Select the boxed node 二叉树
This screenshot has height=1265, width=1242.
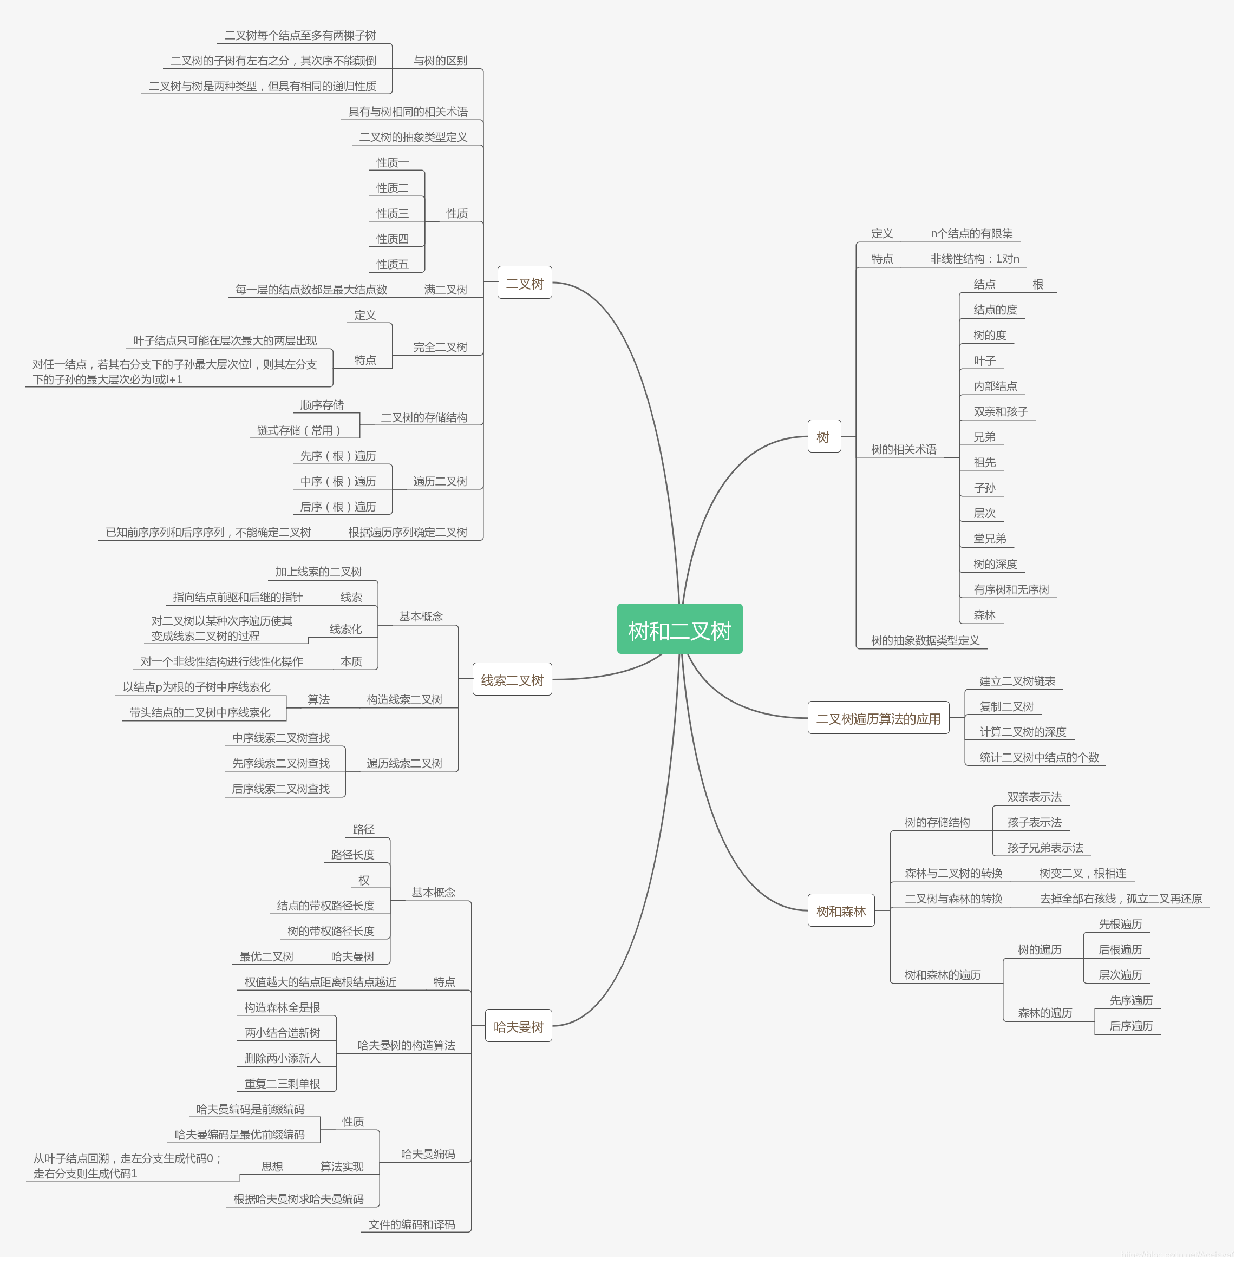click(x=525, y=283)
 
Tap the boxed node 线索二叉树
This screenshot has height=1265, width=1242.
click(x=512, y=680)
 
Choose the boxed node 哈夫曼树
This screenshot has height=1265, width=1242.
click(x=519, y=1026)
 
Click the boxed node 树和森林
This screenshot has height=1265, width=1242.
click(x=841, y=911)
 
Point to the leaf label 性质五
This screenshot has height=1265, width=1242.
click(x=392, y=264)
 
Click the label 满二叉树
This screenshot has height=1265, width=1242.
click(x=446, y=290)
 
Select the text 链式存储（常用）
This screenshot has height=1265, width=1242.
click(x=299, y=430)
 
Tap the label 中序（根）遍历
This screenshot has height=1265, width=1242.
click(x=338, y=481)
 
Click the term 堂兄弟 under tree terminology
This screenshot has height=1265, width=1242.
click(x=990, y=539)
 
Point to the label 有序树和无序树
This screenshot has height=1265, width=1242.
click(x=1011, y=589)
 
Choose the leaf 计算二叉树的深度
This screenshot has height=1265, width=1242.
click(x=1022, y=732)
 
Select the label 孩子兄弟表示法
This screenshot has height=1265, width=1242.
click(x=1045, y=848)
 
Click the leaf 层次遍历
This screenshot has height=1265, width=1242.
click(x=1120, y=975)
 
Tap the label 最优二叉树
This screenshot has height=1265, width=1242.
click(x=266, y=956)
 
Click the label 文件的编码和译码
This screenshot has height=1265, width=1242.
click(x=411, y=1224)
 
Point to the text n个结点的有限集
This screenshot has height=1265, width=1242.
click(x=971, y=233)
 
